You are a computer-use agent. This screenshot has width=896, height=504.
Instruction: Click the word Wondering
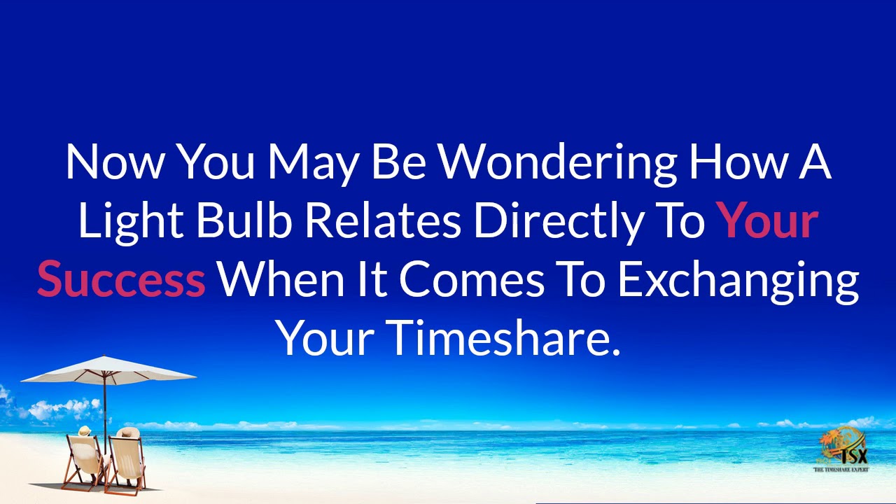556,162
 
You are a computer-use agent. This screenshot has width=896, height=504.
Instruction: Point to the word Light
129,222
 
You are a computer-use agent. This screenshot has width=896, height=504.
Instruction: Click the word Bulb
243,221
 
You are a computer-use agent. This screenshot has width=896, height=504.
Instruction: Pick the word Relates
382,221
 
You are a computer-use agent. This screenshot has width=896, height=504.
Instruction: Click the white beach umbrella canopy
108,370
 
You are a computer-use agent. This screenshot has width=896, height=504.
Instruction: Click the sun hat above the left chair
85,431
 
